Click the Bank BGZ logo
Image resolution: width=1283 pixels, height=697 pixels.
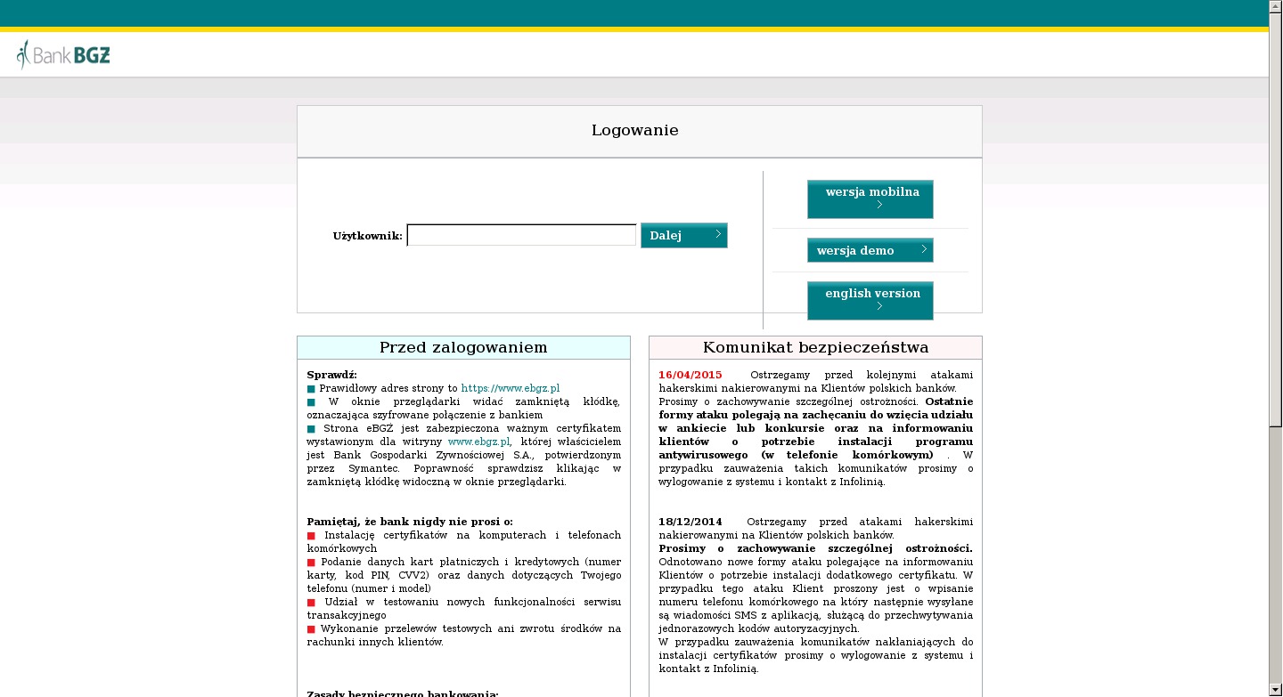[63, 55]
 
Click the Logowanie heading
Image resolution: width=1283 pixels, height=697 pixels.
[634, 131]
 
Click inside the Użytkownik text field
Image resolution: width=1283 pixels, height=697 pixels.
[521, 235]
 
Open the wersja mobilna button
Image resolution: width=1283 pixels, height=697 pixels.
[870, 199]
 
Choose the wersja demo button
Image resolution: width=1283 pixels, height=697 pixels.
[870, 250]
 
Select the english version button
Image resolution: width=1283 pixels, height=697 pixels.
[870, 300]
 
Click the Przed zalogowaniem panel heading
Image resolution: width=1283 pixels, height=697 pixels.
[463, 347]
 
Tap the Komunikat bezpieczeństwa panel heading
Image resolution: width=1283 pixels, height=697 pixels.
[815, 347]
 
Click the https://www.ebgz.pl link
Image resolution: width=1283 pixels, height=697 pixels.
[510, 388]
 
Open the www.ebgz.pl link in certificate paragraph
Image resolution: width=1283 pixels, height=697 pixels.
[478, 442]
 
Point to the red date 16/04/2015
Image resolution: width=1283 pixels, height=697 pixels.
[691, 375]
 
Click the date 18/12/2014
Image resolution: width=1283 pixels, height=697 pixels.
[690, 522]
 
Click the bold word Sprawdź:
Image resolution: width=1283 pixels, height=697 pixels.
[331, 375]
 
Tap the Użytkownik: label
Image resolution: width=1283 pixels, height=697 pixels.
[367, 236]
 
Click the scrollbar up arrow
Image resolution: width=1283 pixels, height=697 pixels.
[1275, 6]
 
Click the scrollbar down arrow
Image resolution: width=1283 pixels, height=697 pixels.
[1275, 690]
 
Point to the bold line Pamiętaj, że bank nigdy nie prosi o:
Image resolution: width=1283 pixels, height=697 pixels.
[410, 522]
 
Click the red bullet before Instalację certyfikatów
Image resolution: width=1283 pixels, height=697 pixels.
[311, 535]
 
